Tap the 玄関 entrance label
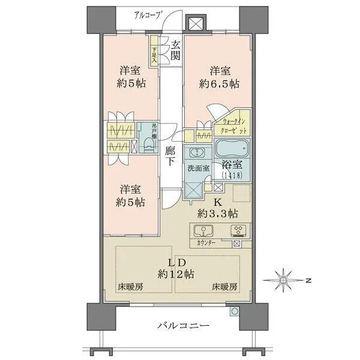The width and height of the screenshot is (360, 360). [175, 50]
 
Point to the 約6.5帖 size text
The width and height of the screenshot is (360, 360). [219, 85]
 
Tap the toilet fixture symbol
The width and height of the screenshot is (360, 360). [147, 145]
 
